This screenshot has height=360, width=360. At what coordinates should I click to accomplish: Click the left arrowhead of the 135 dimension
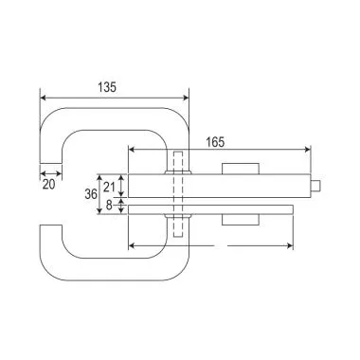coord(44,97)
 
